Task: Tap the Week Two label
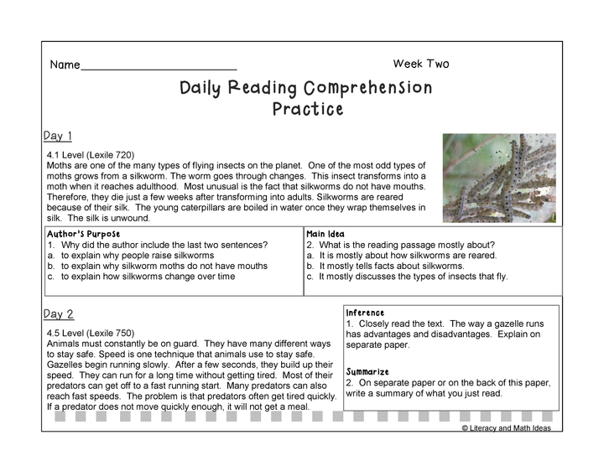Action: (x=420, y=64)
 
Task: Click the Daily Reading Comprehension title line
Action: (x=306, y=88)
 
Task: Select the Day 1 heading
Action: (x=58, y=136)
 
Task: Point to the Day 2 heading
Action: (x=59, y=314)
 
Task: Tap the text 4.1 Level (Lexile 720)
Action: (x=91, y=155)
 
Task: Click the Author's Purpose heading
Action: (x=84, y=234)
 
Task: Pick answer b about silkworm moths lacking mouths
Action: (x=157, y=266)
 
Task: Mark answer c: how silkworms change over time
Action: (x=141, y=277)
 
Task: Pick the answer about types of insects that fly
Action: (x=406, y=277)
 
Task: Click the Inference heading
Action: (x=365, y=313)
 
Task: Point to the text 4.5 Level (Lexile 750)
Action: (x=91, y=333)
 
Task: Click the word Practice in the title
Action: (x=308, y=109)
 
